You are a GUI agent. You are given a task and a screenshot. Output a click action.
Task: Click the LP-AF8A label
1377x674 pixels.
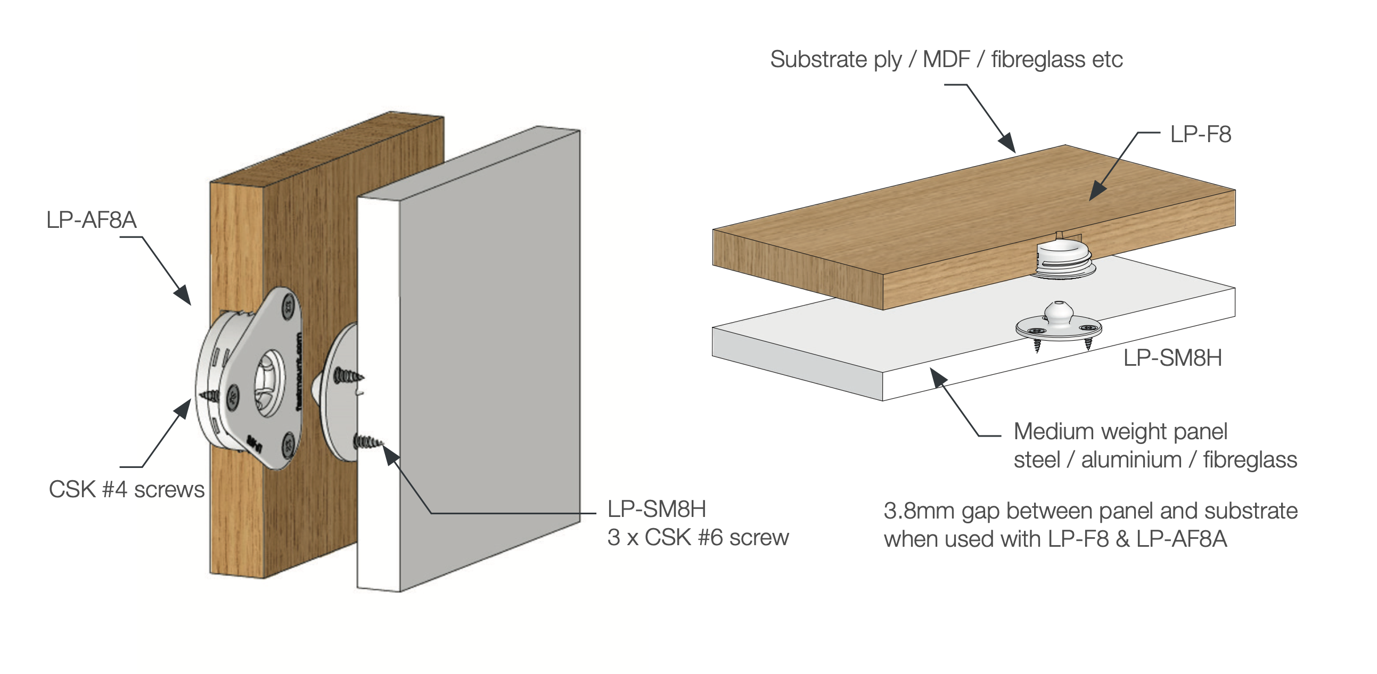[x=92, y=220]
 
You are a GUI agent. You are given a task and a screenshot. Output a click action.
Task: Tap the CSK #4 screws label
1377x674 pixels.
[x=127, y=490]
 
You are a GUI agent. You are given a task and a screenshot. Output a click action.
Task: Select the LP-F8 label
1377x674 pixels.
[x=1200, y=134]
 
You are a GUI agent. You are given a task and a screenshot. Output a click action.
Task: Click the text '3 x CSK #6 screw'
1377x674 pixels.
[x=698, y=538]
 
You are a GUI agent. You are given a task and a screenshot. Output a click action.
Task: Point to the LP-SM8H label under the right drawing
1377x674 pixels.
[x=1173, y=358]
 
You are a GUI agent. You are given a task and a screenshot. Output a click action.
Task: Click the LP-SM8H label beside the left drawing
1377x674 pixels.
[x=657, y=509]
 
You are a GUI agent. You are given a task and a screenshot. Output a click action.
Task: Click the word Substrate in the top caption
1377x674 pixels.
[x=818, y=59]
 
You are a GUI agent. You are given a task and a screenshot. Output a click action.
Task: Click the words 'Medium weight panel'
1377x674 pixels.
[x=1120, y=432]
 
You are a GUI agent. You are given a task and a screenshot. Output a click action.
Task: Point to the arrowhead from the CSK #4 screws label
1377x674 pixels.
[x=183, y=409]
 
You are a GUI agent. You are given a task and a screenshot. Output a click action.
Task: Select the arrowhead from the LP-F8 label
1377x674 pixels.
[x=1097, y=191]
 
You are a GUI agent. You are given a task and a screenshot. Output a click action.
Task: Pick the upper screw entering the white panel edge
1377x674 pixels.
[x=348, y=376]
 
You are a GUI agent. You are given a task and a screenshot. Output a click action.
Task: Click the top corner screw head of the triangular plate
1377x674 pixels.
[x=288, y=308]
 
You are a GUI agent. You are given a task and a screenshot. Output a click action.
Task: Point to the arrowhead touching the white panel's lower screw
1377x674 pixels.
[x=391, y=455]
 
